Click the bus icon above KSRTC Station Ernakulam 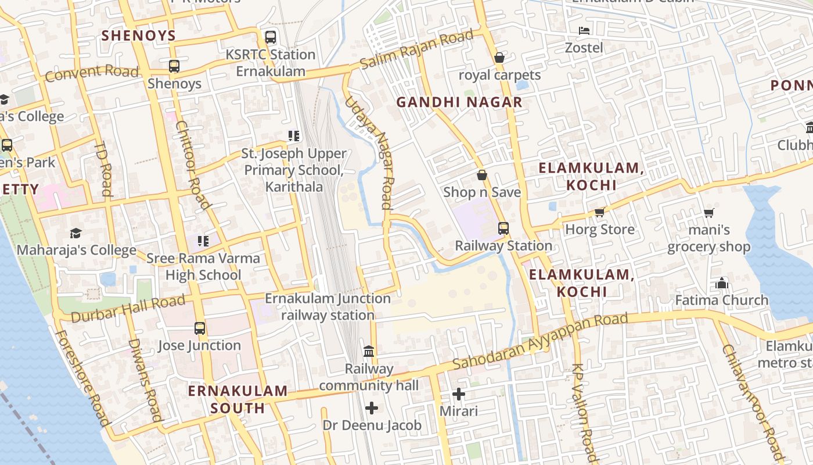tap(271, 37)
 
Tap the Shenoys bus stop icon tap(174, 66)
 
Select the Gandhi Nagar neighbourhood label tap(459, 102)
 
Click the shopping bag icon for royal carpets tap(499, 58)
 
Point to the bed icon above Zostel tap(584, 30)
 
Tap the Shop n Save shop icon tap(482, 175)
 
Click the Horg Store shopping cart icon tap(600, 212)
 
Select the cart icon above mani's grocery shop tap(708, 213)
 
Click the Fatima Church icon tap(722, 283)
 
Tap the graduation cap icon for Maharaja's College tap(75, 233)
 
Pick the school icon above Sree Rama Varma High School tap(203, 241)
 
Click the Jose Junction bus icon tap(200, 328)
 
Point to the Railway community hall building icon tap(369, 351)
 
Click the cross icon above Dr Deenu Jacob tap(372, 408)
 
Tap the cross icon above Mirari tap(459, 394)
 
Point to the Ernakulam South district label tap(238, 399)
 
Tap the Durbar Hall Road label tap(128, 309)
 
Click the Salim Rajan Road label tap(416, 50)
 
